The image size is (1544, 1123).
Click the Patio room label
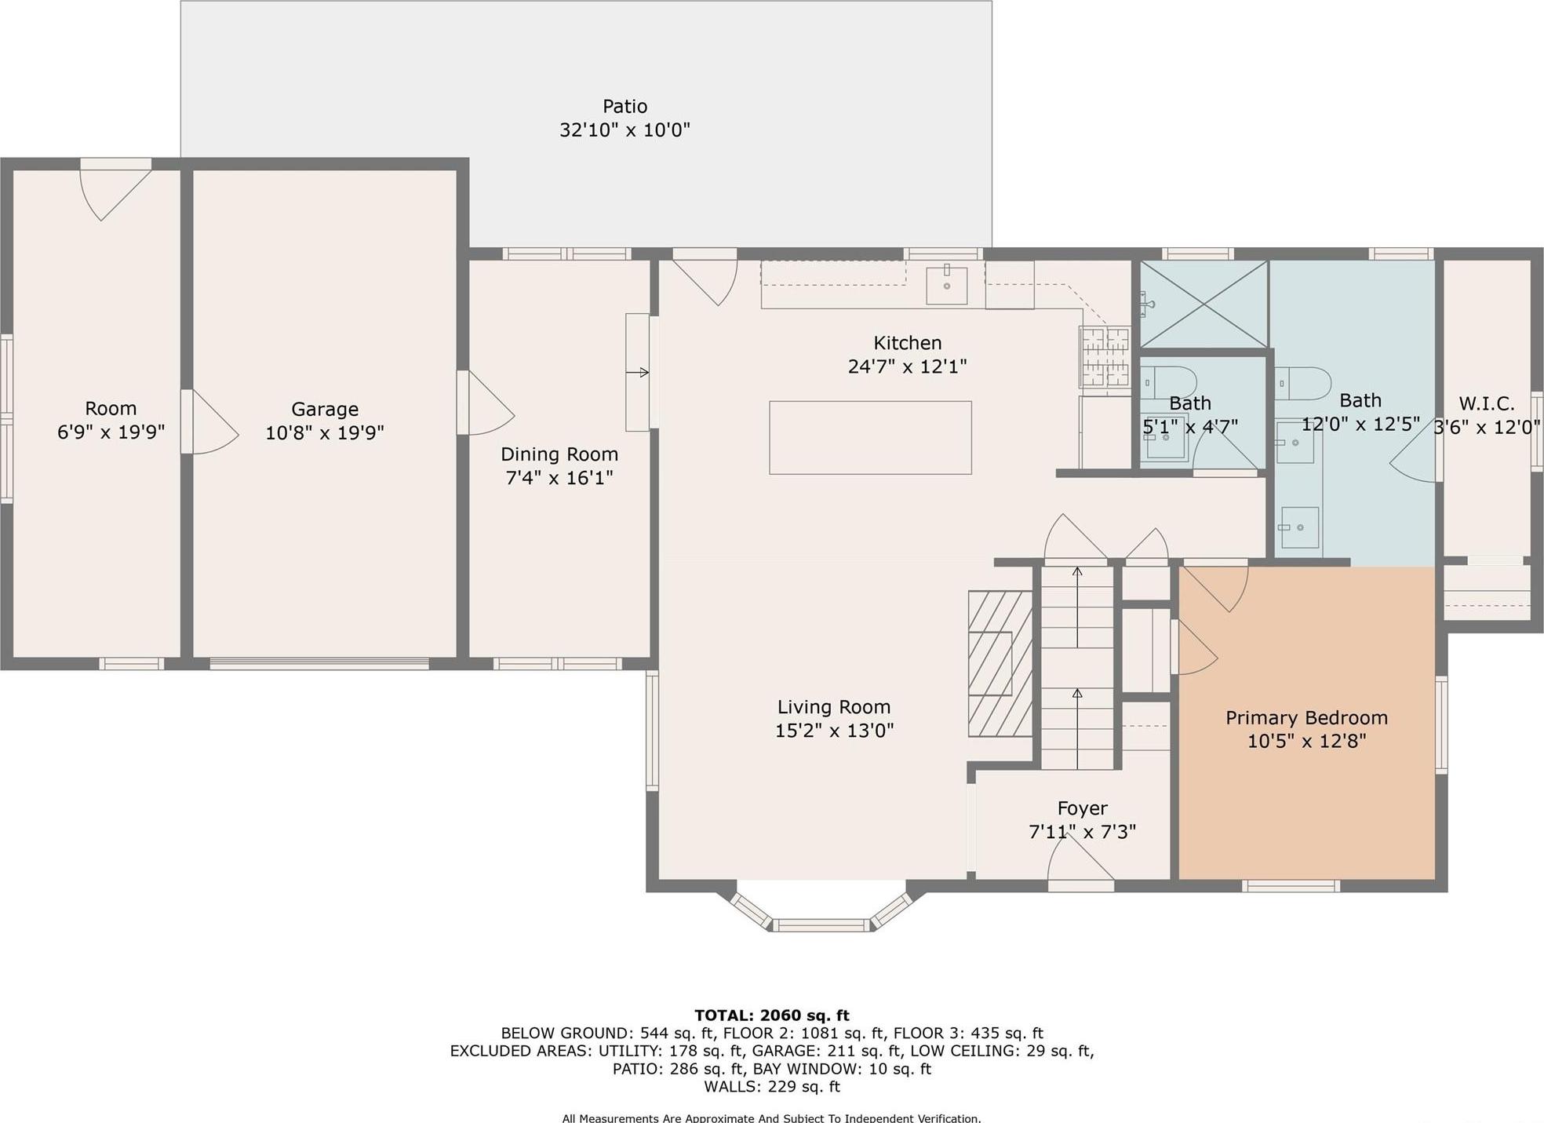625,107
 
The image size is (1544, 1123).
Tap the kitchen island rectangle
869,437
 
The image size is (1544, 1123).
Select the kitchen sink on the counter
946,285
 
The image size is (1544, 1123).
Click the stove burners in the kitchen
1105,358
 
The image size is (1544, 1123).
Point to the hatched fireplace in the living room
1000,663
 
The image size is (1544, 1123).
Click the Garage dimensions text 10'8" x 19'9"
324,432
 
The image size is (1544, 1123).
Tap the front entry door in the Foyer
1080,867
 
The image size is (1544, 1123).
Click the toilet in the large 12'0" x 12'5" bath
1302,384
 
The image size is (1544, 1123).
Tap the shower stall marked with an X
1203,304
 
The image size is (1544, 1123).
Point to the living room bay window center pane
821,925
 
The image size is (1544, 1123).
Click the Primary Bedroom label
1305,717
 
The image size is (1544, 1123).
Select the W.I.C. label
1486,403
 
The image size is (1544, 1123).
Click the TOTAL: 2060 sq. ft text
771,1015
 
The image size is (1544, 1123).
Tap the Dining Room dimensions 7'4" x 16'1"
559,478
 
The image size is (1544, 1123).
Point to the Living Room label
833,707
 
